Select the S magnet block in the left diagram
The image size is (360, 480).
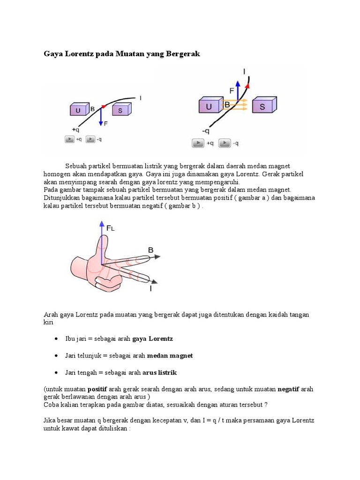[x=122, y=109]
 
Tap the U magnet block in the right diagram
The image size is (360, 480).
[x=211, y=105]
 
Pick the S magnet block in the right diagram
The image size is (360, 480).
[x=264, y=105]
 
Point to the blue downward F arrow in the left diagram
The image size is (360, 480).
[x=101, y=116]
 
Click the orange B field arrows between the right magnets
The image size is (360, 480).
[x=235, y=105]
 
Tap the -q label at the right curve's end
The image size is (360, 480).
[x=206, y=131]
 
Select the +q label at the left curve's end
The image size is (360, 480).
[x=75, y=130]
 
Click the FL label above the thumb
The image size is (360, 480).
[x=110, y=228]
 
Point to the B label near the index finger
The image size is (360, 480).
[x=150, y=250]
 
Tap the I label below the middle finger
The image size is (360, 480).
[x=150, y=288]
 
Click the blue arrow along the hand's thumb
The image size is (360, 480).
[x=102, y=242]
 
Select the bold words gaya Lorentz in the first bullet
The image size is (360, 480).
[x=152, y=339]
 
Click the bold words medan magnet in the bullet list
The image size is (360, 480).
[x=170, y=356]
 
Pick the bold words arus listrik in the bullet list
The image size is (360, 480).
[x=159, y=373]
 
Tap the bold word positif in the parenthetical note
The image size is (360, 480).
[x=97, y=390]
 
